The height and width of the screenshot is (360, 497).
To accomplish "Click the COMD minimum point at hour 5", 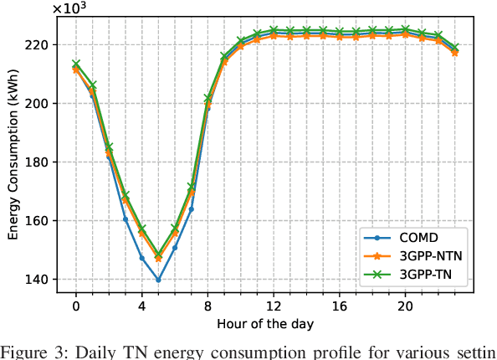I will tap(158, 280).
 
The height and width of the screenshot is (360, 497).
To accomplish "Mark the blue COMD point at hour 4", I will tap(141, 258).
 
